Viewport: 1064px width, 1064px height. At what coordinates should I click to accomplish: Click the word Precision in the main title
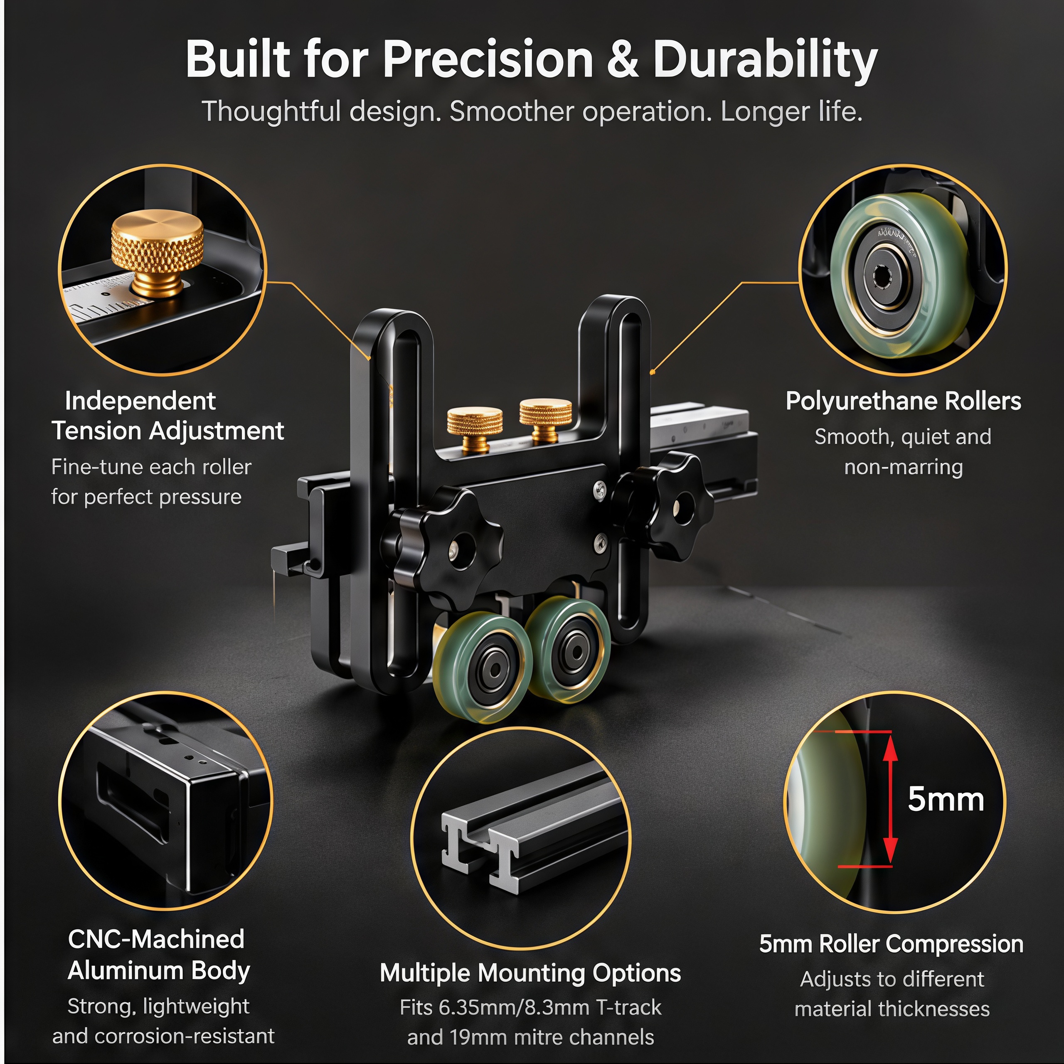pos(488,59)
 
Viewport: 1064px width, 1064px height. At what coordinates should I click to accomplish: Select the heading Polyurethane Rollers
pos(903,401)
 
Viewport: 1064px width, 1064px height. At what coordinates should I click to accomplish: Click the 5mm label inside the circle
pos(946,799)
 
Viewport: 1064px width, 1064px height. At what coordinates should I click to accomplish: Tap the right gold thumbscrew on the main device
pos(545,420)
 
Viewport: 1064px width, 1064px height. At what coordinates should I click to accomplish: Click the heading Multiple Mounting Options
pos(530,973)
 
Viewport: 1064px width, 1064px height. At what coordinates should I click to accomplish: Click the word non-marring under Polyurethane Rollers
pos(903,467)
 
